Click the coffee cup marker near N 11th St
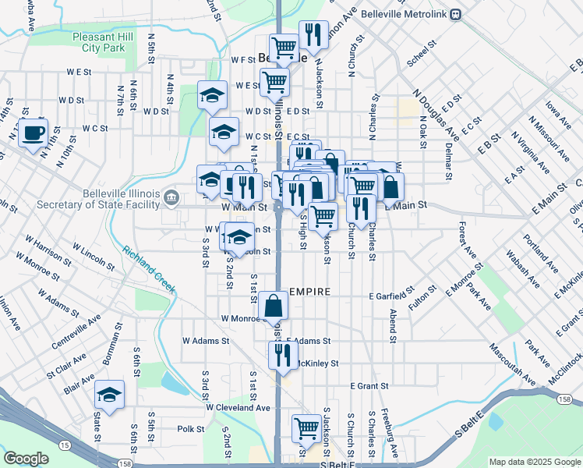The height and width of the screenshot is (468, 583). (x=33, y=133)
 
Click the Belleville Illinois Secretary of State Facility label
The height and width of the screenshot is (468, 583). (x=97, y=200)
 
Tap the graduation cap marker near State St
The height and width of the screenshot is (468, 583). (x=109, y=395)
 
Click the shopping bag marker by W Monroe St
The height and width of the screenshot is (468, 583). (x=274, y=307)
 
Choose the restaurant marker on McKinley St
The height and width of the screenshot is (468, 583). (x=283, y=355)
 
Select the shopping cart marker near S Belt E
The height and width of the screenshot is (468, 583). (x=306, y=429)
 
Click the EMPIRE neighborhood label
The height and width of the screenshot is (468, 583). (x=310, y=291)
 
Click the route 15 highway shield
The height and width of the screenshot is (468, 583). (x=64, y=445)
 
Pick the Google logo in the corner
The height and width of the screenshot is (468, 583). (x=26, y=459)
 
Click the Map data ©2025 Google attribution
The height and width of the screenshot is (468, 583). (x=535, y=462)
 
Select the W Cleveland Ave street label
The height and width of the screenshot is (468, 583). (x=238, y=407)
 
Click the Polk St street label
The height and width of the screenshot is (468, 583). (x=190, y=428)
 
